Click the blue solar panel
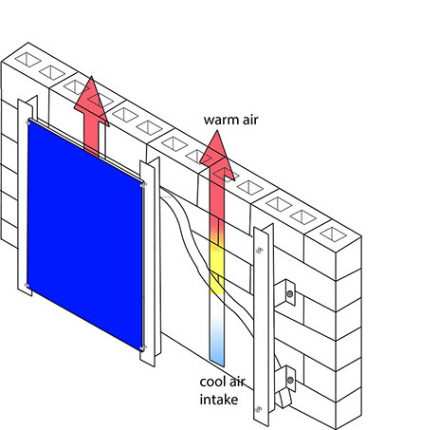[x=85, y=234]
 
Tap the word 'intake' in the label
[x=219, y=400]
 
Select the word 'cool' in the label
[x=212, y=382]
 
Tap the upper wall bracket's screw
[x=289, y=294]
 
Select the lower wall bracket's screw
[x=290, y=379]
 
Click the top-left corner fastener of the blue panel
[x=29, y=122]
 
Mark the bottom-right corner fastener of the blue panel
[x=142, y=348]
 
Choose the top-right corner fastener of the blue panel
[x=143, y=184]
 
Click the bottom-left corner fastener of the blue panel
[x=27, y=286]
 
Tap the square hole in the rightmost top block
[x=333, y=234]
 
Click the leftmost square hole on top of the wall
[x=28, y=60]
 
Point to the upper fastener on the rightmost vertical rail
[x=260, y=251]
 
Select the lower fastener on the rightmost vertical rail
[x=259, y=410]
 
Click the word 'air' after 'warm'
[x=249, y=120]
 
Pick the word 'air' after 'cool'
[x=237, y=382]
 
